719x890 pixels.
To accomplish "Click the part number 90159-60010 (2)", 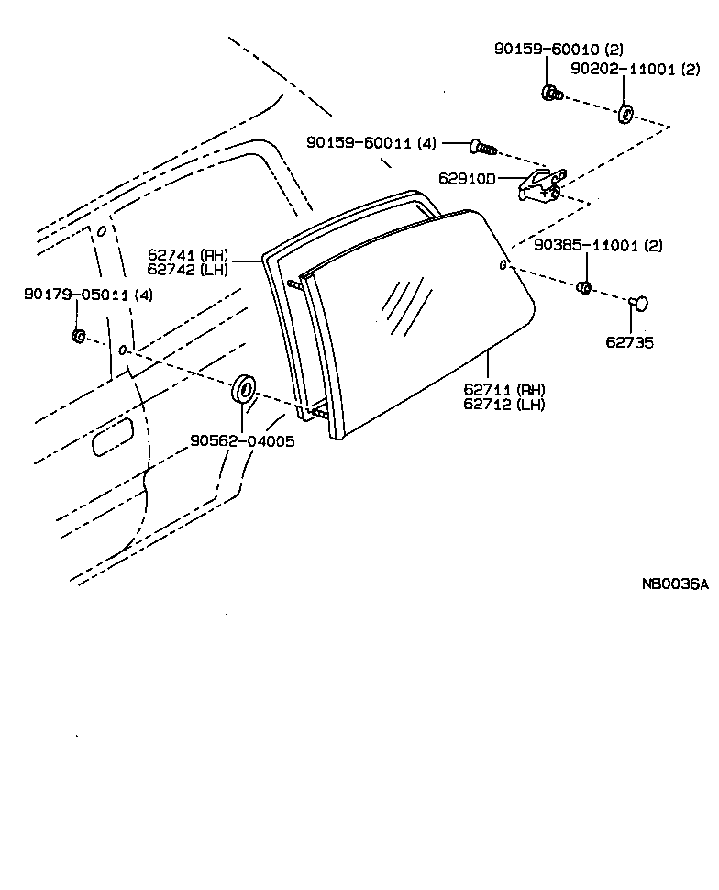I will (546, 49).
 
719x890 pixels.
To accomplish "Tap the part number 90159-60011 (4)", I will (371, 143).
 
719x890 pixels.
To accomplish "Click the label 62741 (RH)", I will (187, 254).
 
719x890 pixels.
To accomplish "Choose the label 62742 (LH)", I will (187, 269).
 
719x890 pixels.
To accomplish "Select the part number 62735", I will (628, 342).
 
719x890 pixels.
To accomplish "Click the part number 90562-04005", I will (242, 440).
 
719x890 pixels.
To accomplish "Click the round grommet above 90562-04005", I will (245, 389).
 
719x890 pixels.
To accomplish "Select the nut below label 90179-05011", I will (79, 336).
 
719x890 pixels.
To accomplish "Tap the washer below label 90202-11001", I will (625, 114).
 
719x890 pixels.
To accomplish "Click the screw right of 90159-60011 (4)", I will (482, 146).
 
